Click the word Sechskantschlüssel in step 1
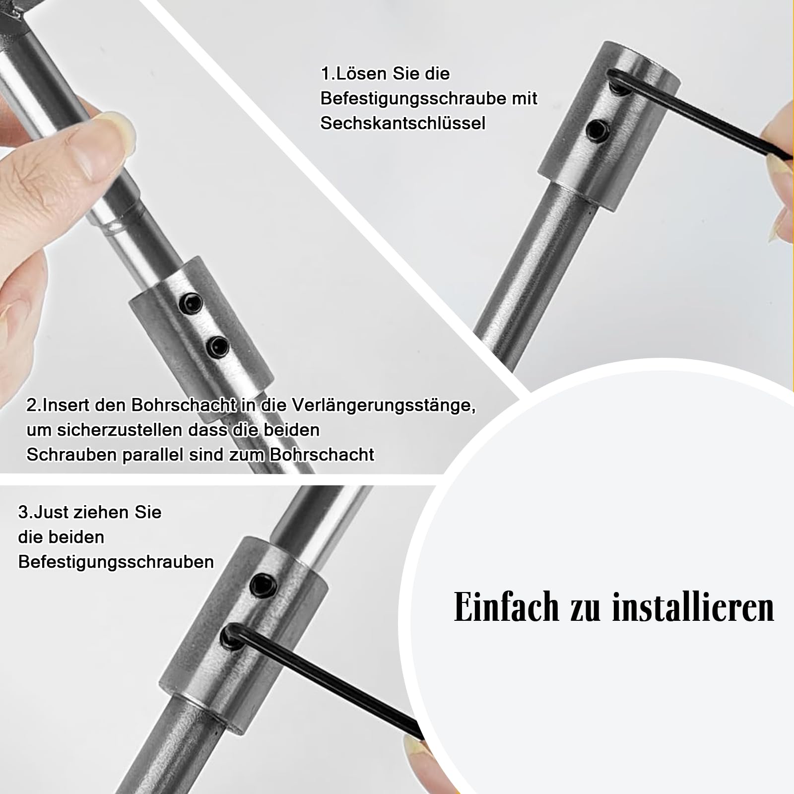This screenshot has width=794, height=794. pos(402,123)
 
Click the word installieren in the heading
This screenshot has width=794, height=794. pos(693,607)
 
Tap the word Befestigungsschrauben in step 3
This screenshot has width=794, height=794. pos(116,562)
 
